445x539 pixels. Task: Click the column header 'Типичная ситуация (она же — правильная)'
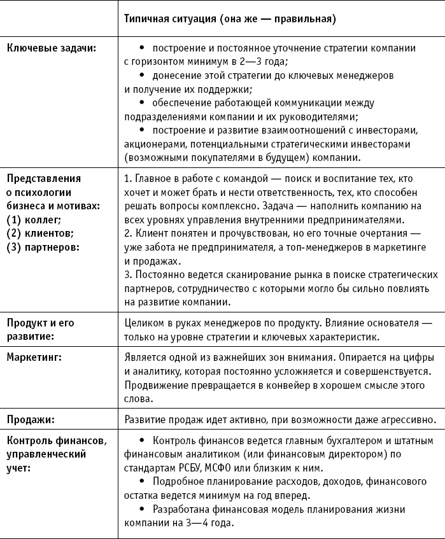230,19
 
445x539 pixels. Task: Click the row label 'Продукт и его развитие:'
40,329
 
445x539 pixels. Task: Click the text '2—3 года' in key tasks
265,62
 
